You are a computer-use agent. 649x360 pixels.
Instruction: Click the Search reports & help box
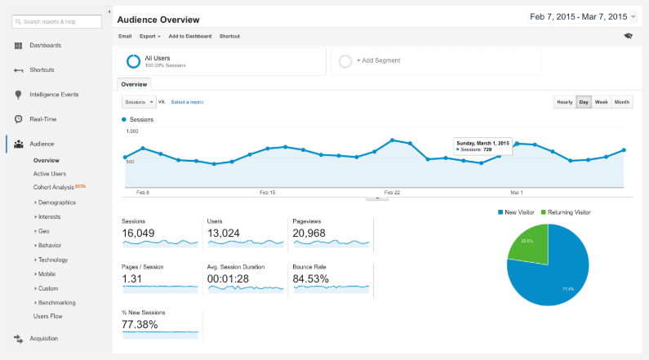coord(57,20)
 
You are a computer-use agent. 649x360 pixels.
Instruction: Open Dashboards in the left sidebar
coord(45,45)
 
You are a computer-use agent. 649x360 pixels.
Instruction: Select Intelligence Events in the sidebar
coord(54,94)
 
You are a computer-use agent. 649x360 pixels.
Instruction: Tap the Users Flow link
coord(47,316)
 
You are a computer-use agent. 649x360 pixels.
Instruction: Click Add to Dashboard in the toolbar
coord(189,36)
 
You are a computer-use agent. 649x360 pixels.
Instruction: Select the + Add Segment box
coord(435,60)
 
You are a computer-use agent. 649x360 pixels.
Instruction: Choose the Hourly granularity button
coord(563,102)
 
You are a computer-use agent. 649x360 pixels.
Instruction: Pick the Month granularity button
coord(622,102)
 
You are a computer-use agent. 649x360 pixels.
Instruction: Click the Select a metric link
coord(187,102)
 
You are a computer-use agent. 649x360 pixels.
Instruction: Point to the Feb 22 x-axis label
coord(392,193)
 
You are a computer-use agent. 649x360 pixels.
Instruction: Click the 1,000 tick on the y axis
coord(131,131)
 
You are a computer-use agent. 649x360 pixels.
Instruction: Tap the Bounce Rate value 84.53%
coord(312,279)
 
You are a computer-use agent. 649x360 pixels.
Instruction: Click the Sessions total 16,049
coord(140,233)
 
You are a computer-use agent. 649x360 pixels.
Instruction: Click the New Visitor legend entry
coord(516,212)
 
